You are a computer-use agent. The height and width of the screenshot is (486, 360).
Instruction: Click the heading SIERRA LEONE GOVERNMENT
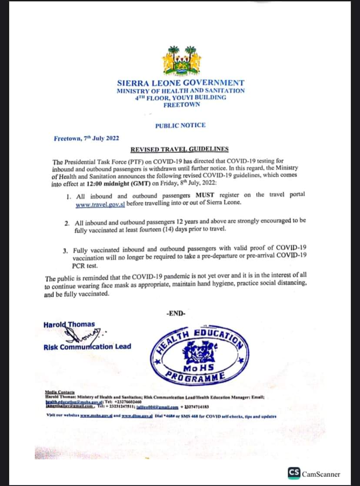[180, 83]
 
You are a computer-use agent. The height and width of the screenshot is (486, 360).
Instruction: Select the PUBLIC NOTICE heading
[180, 125]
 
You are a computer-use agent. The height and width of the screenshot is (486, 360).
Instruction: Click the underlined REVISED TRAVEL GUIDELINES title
[180, 149]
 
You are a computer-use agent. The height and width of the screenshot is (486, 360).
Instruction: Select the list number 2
[67, 223]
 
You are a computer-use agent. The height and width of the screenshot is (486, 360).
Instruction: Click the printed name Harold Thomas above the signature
[69, 325]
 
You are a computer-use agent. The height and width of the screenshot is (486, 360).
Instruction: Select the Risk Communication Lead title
[87, 347]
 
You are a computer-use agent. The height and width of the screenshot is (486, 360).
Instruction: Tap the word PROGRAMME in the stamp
[195, 377]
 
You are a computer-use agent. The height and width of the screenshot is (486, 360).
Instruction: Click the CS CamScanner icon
[293, 474]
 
